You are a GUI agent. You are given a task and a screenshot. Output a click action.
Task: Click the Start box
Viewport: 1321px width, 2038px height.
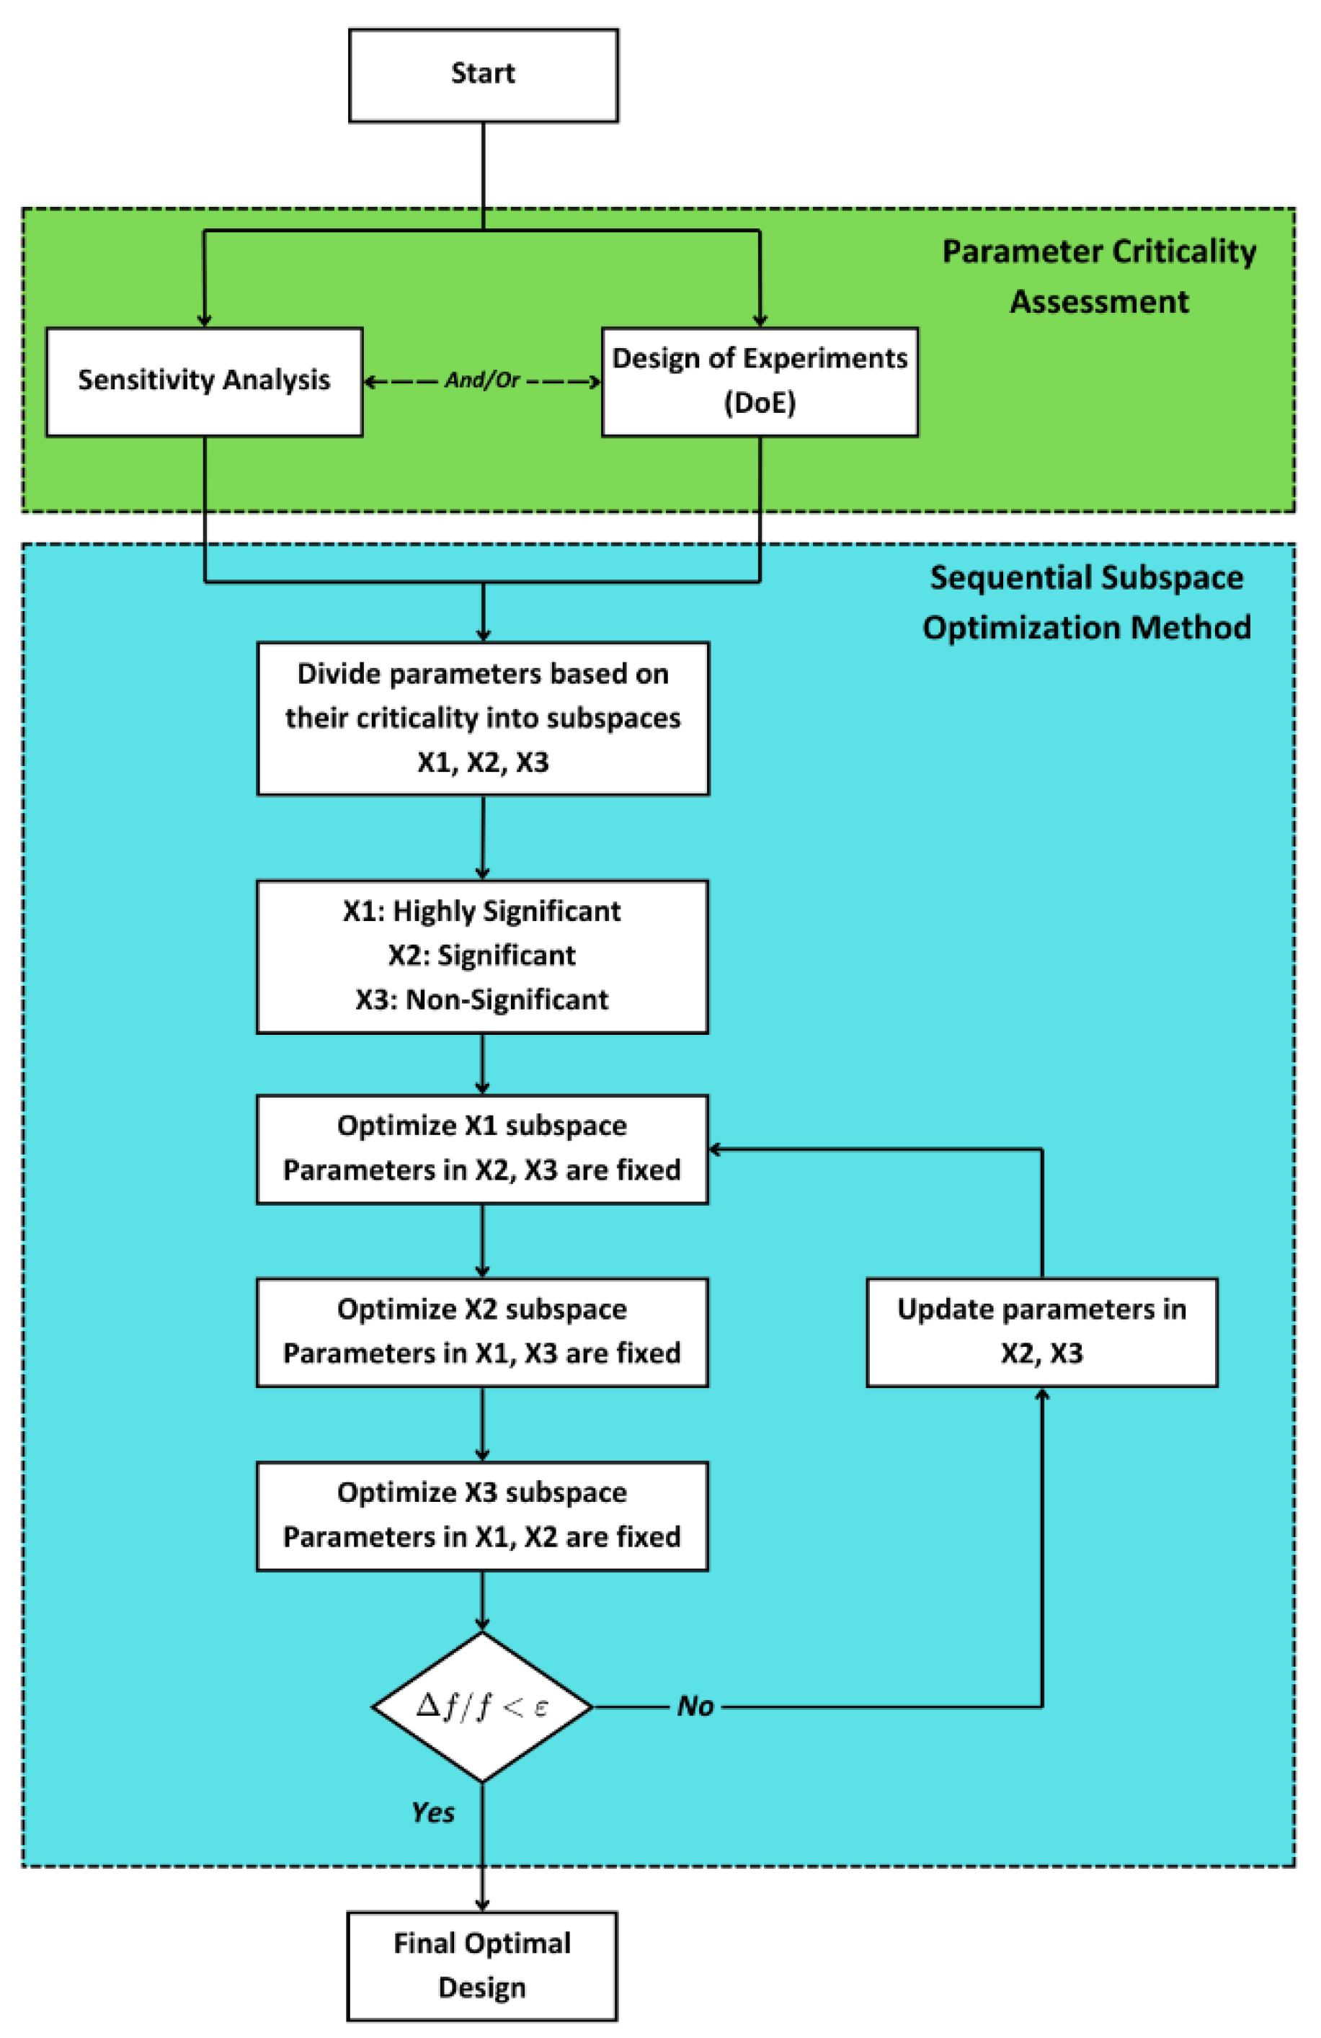[x=483, y=76]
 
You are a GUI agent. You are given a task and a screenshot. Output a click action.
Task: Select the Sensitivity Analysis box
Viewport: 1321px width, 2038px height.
[x=204, y=381]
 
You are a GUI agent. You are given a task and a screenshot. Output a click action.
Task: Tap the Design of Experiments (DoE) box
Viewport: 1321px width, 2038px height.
[x=760, y=381]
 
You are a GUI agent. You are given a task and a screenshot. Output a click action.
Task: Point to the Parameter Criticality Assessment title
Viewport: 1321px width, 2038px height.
[x=1098, y=276]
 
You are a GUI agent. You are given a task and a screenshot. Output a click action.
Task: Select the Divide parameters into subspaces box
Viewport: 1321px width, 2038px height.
[x=483, y=718]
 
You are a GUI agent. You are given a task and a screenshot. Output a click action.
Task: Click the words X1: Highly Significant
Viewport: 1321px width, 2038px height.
[x=482, y=911]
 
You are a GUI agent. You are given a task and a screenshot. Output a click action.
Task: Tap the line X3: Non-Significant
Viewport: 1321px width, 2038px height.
[x=482, y=1000]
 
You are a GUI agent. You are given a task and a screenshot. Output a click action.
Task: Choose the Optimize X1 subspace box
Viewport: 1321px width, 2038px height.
[x=482, y=1148]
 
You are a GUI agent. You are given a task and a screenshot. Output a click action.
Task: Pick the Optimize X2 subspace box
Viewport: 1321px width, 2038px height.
[x=482, y=1332]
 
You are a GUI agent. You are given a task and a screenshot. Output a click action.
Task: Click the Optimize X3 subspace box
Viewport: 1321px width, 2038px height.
[x=482, y=1515]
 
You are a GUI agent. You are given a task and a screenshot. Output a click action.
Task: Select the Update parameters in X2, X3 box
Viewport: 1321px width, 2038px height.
[x=1041, y=1332]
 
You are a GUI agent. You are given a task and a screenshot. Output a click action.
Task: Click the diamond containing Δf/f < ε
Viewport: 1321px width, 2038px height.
[x=482, y=1707]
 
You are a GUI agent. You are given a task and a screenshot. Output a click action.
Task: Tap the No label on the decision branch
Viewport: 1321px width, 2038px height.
[x=695, y=1707]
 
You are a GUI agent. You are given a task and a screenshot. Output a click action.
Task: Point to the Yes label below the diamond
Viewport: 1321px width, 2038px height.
[x=433, y=1812]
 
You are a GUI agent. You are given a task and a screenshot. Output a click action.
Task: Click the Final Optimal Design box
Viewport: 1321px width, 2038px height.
[x=482, y=1965]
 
